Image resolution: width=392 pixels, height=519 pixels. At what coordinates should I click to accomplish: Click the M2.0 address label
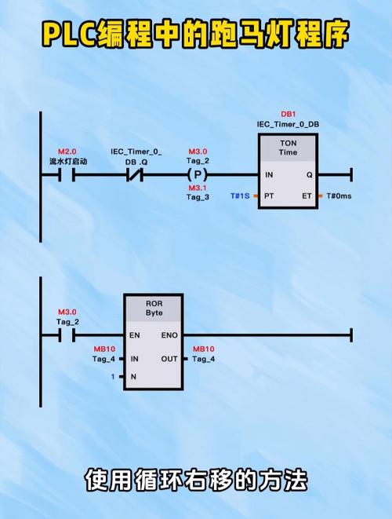67,152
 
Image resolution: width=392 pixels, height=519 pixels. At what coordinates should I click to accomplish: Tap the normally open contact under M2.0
67,175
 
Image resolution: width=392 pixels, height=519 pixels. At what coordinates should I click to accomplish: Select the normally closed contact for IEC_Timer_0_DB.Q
135,175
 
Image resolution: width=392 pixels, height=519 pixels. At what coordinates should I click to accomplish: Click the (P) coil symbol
198,174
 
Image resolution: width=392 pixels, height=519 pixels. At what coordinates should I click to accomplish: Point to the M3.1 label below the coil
198,188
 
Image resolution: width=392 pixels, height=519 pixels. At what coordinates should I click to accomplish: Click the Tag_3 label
198,197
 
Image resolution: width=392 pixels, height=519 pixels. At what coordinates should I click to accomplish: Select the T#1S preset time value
240,196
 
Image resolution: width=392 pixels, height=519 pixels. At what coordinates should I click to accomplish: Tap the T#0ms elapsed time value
339,196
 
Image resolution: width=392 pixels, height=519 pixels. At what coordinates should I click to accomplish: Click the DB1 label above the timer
289,114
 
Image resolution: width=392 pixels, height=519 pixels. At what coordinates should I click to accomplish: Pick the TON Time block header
289,148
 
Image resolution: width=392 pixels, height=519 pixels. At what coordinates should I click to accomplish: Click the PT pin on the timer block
269,196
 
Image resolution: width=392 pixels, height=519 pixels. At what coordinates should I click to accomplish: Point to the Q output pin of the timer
310,175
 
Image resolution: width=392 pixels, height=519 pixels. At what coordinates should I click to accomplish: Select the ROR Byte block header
154,308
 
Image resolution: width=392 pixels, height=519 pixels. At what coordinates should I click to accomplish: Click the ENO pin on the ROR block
169,335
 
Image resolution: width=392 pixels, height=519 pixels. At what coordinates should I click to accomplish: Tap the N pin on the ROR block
133,377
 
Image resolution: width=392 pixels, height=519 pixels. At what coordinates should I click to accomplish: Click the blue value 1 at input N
113,377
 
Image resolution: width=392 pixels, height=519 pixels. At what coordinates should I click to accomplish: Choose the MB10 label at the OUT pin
204,349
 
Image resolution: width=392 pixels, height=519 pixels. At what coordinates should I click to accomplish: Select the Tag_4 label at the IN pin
103,359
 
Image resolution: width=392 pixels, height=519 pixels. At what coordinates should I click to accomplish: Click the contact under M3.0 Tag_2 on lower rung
67,335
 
